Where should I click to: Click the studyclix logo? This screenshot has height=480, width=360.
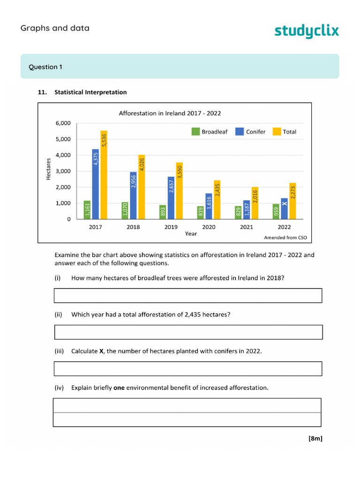[x=306, y=31]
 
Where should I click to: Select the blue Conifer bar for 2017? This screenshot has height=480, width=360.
[x=96, y=184]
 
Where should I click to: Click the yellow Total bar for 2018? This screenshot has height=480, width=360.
[x=142, y=187]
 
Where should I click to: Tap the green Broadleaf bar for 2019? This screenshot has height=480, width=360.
[x=163, y=212]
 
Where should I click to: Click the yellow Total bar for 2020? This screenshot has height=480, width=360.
[x=217, y=199]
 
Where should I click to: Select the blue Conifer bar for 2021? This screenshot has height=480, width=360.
[x=247, y=210]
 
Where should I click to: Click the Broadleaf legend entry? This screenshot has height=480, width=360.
[x=210, y=132]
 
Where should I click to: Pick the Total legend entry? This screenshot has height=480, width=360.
[x=285, y=132]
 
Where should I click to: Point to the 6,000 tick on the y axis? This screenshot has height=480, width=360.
[x=63, y=123]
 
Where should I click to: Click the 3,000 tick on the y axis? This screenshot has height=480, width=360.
[x=63, y=171]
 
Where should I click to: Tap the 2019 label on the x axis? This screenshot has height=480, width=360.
[x=171, y=227]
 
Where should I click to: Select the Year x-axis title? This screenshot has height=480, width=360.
[x=191, y=233]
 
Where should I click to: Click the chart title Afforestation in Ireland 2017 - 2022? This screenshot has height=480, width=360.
[x=170, y=113]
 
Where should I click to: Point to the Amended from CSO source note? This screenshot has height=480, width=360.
[x=285, y=238]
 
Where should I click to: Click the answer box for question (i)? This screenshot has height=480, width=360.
[x=188, y=296]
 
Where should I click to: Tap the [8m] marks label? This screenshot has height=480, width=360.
[x=315, y=439]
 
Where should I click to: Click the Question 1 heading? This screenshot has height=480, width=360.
[x=45, y=67]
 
